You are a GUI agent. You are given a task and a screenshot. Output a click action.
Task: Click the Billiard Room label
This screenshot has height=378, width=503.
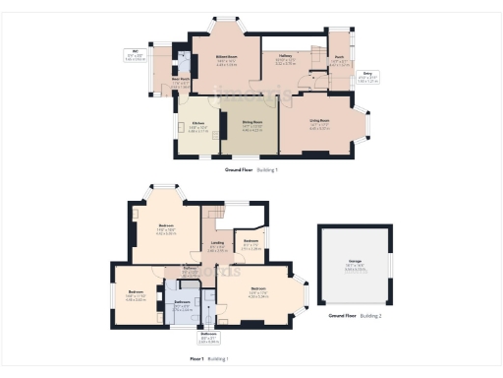tap(226, 61)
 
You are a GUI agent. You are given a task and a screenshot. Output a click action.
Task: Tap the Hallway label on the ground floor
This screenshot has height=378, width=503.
tap(287, 60)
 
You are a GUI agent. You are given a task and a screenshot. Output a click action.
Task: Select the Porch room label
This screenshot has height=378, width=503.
tap(338, 60)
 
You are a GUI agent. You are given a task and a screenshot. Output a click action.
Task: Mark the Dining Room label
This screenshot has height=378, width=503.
tap(252, 125)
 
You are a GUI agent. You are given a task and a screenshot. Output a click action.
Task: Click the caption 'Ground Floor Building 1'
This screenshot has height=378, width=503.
tap(251, 170)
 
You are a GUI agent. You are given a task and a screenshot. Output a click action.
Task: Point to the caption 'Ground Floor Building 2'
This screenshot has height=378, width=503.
tap(355, 317)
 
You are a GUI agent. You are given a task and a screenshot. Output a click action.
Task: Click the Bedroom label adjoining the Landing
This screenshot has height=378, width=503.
tap(251, 246)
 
